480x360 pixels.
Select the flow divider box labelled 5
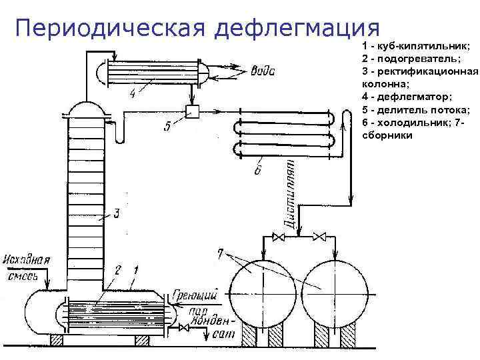[x=194, y=111]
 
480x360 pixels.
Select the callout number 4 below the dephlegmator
[x=133, y=94]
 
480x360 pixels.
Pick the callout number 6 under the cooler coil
[x=259, y=171]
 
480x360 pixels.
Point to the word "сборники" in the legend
[x=386, y=135]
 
